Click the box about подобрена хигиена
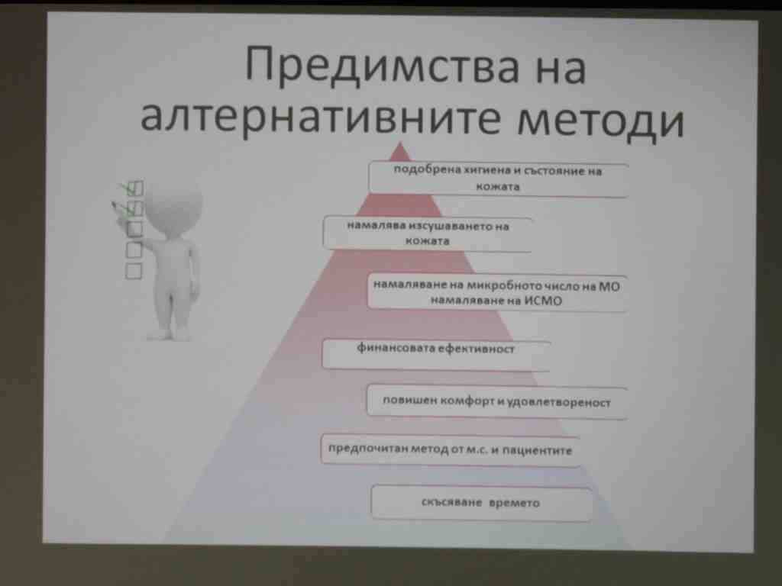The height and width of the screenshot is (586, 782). (498, 179)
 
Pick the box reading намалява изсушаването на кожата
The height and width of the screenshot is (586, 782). (428, 233)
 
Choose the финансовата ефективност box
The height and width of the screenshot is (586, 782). (436, 354)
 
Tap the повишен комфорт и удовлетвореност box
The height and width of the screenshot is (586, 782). (496, 401)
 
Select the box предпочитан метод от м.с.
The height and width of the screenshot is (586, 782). (450, 450)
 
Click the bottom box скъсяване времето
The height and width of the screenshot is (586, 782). (481, 503)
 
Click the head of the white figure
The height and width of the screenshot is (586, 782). (173, 205)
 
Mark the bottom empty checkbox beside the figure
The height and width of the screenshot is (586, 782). (133, 271)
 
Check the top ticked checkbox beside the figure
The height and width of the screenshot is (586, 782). (134, 188)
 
